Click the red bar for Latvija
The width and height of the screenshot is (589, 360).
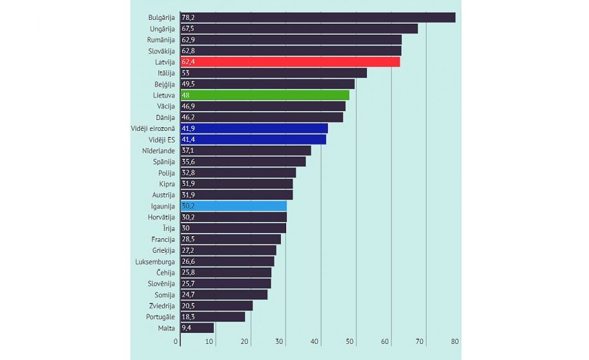[290, 62]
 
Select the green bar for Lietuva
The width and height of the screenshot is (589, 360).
[264, 95]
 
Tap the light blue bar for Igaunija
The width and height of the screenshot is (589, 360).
[234, 206]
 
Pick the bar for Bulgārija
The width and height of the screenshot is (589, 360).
[318, 17]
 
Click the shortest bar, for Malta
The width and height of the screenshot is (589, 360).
[197, 327]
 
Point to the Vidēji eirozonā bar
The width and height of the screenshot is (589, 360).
[254, 128]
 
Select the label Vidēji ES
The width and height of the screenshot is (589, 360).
[161, 139]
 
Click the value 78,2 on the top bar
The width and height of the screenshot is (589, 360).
[189, 17]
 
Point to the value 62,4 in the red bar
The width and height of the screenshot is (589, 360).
[189, 62]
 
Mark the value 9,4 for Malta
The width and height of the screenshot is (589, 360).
[187, 327]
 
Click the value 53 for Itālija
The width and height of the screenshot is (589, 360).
[185, 73]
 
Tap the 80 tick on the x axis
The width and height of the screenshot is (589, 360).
[455, 341]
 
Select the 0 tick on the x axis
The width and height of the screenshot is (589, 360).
[176, 341]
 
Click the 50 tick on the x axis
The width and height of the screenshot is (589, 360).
[350, 341]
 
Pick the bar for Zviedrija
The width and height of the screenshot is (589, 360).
[216, 305]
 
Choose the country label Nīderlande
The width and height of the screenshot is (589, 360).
[158, 151]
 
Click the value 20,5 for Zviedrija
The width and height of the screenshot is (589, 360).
[189, 305]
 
